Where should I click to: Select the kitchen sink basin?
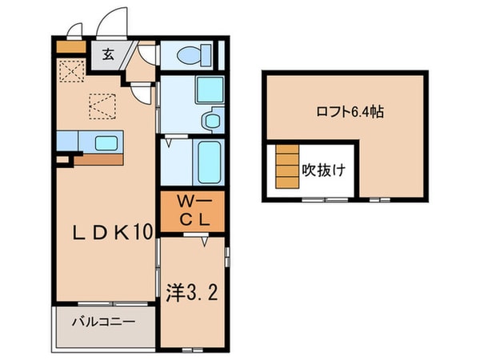point(106,143)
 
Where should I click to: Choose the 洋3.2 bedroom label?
point(192,289)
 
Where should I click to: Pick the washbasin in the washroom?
point(210,122)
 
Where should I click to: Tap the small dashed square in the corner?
point(70,71)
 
